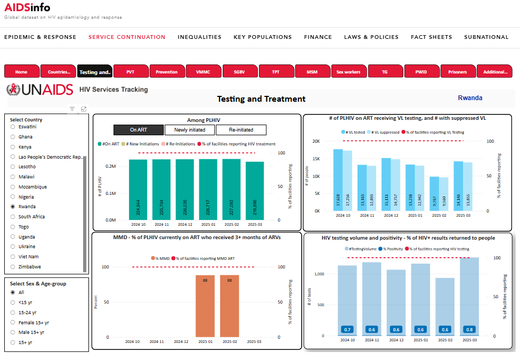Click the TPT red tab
(275, 71)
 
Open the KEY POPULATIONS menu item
(263, 37)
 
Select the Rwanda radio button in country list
(13, 207)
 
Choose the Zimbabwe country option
(13, 267)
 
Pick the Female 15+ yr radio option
(13, 323)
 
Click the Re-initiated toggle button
(241, 129)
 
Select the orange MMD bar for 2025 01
(205, 306)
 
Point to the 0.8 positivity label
(468, 329)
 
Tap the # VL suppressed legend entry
(383, 132)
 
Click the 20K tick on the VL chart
(316, 142)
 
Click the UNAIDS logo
(40, 89)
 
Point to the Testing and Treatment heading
(261, 99)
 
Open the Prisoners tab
(457, 71)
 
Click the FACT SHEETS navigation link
(431, 37)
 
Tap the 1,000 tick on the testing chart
(319, 274)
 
